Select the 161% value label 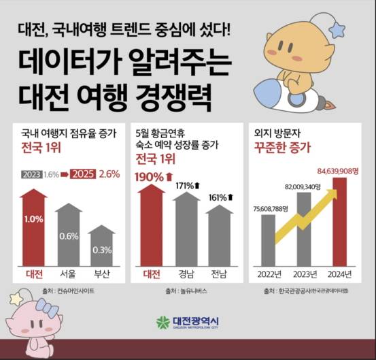[218, 197]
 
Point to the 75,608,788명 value [271, 209]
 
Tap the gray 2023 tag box [31, 174]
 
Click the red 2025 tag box [83, 174]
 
